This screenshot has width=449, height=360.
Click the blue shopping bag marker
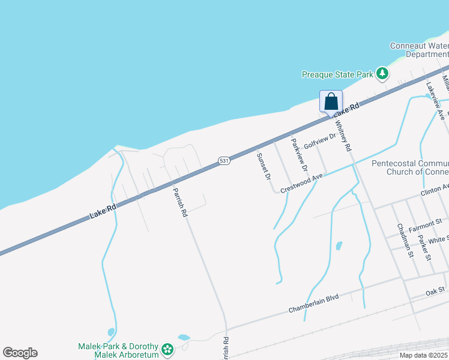[x=331, y=101]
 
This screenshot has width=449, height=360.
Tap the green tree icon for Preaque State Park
[x=382, y=74]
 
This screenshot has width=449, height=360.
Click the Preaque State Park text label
[x=337, y=74]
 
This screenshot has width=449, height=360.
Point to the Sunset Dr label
[x=264, y=167]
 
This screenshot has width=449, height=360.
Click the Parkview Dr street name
[x=299, y=154]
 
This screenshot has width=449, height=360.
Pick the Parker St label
[x=425, y=247]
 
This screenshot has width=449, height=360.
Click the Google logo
[x=20, y=353]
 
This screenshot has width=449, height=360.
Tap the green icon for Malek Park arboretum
[x=167, y=348]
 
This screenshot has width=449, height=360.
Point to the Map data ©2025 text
[x=423, y=355]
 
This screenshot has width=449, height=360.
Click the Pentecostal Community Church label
[x=410, y=167]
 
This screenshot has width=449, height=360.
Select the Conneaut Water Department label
[x=419, y=50]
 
